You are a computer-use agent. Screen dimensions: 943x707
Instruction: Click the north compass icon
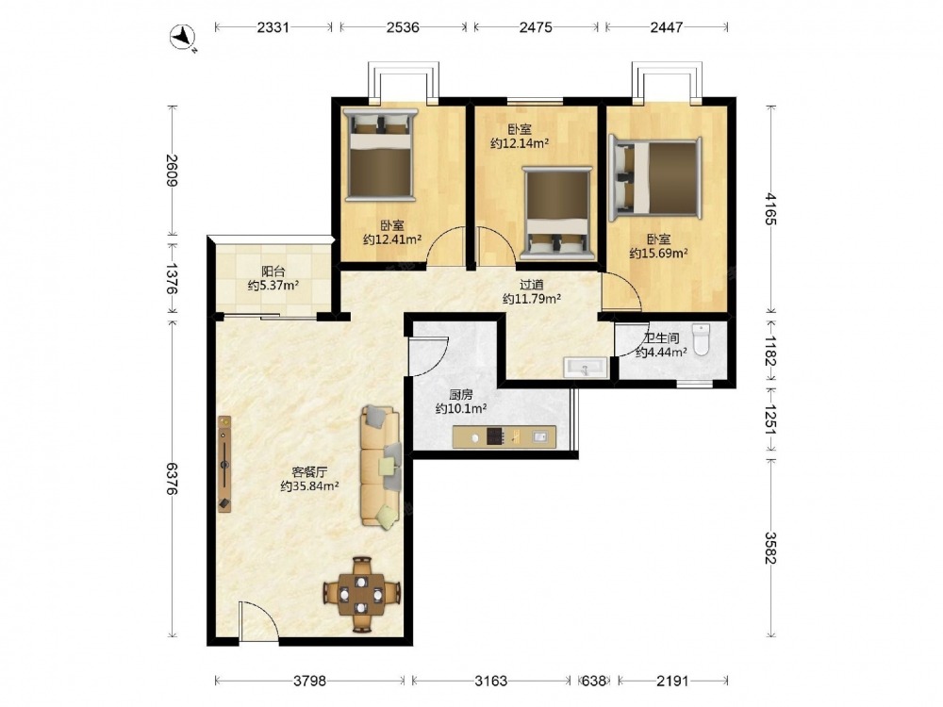click(x=183, y=38)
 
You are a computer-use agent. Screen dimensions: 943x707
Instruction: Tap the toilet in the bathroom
click(x=702, y=339)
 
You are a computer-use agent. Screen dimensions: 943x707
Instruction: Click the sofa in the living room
click(x=381, y=468)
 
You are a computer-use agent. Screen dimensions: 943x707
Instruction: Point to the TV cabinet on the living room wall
click(x=224, y=464)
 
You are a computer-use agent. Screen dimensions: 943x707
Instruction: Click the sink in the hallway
click(x=586, y=368)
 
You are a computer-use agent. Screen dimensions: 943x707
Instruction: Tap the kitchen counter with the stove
click(x=504, y=436)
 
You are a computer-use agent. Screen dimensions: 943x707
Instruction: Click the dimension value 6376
click(x=172, y=479)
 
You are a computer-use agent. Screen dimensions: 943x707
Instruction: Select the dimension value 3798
click(x=309, y=681)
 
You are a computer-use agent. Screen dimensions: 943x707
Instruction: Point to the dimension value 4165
click(x=771, y=208)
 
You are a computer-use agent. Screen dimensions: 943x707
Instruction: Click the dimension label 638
click(x=594, y=681)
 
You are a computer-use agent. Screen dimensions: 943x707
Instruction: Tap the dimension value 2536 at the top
click(x=403, y=27)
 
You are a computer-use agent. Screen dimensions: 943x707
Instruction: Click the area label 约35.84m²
click(x=309, y=485)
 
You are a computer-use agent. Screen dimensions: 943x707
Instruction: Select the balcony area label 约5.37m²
click(x=273, y=286)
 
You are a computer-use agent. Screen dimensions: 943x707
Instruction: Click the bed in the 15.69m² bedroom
click(x=655, y=179)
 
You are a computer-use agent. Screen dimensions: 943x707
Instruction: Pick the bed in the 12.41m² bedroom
click(x=380, y=156)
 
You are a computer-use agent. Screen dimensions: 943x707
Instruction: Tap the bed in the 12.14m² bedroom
click(x=557, y=213)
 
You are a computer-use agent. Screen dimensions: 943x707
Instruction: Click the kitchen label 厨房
click(x=461, y=395)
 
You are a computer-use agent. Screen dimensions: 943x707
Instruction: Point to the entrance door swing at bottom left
click(x=258, y=619)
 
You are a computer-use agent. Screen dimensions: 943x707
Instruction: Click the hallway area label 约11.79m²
click(x=532, y=298)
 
